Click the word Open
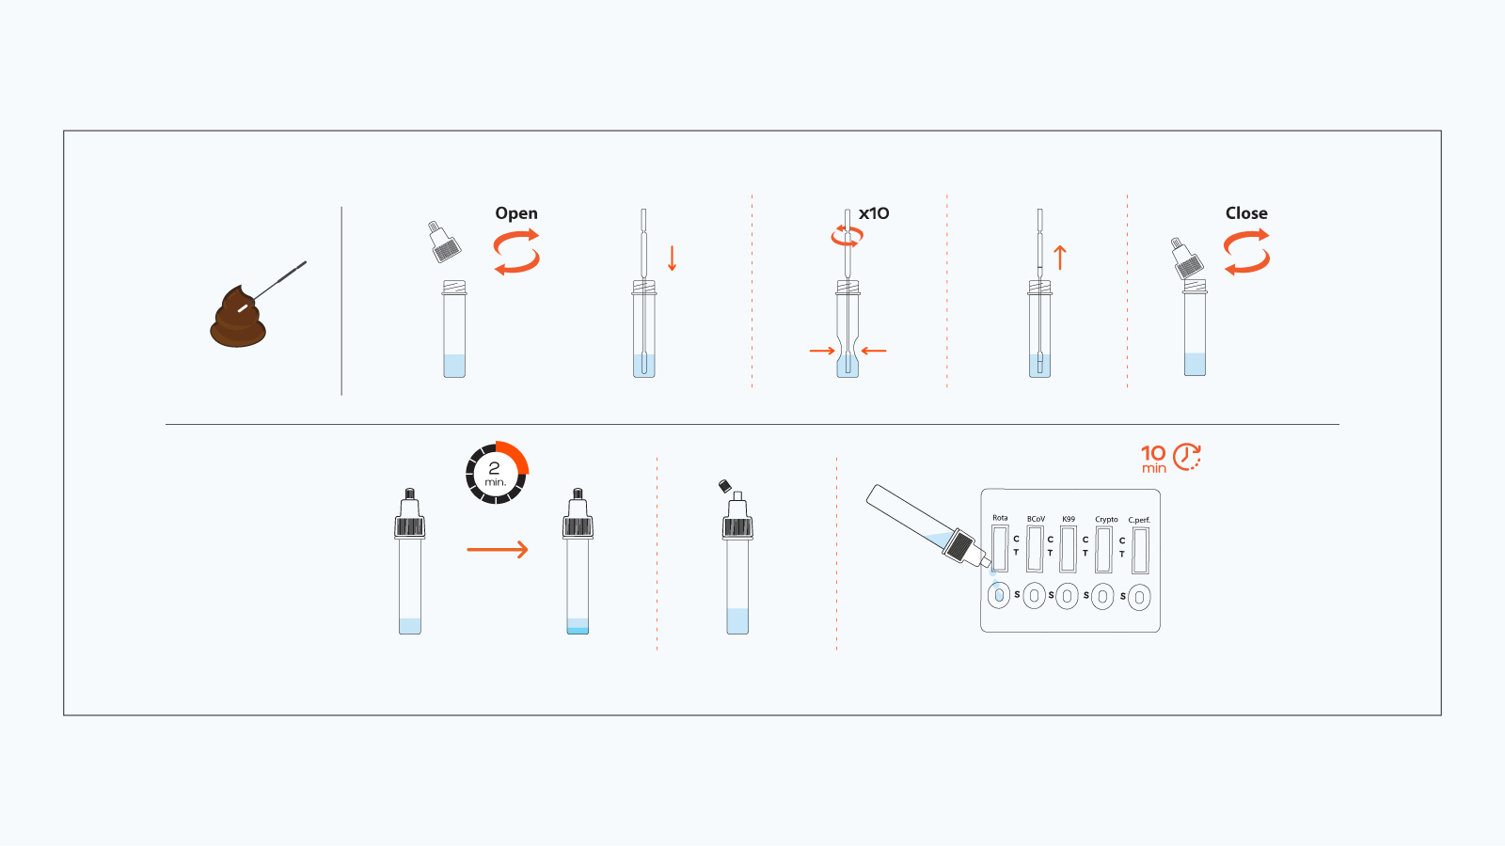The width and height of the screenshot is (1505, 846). (x=516, y=213)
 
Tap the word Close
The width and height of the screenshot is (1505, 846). (x=1246, y=213)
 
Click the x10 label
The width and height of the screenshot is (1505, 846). (x=874, y=213)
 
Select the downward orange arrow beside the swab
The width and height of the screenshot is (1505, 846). (x=672, y=258)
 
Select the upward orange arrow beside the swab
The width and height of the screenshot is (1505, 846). (x=1060, y=258)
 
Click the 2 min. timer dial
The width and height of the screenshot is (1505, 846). (x=497, y=473)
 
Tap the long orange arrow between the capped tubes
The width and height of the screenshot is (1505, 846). (x=498, y=550)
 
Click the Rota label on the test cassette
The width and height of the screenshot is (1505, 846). (x=1000, y=518)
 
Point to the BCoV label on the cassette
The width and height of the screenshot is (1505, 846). (x=1036, y=519)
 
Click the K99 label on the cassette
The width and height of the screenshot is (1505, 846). (x=1069, y=519)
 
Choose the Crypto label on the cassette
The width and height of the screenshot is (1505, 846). (x=1106, y=519)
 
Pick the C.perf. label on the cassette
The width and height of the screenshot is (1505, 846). (x=1139, y=520)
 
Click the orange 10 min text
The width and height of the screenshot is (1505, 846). (x=1153, y=459)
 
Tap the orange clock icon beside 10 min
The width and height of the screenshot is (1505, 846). (x=1187, y=457)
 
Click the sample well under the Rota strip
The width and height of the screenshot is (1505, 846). (x=999, y=595)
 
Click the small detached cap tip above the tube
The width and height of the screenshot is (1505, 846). (x=724, y=486)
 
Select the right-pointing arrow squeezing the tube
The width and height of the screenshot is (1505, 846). (x=822, y=351)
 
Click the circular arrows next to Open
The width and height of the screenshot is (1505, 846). (x=516, y=251)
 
